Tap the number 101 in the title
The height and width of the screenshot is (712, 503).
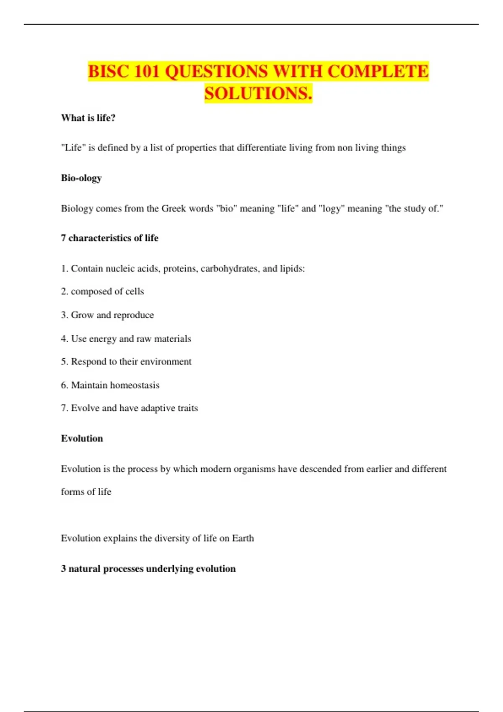point(147,71)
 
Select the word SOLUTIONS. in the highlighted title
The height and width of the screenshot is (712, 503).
point(258,93)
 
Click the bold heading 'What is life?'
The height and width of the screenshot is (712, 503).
point(88,118)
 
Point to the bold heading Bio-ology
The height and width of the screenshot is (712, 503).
point(81,178)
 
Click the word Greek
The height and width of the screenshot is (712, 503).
point(174,209)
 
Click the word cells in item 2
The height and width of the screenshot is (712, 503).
point(135,292)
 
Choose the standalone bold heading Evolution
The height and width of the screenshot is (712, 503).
point(82,439)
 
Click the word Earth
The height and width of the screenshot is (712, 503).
point(243,538)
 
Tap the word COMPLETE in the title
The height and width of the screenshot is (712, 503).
point(378,71)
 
